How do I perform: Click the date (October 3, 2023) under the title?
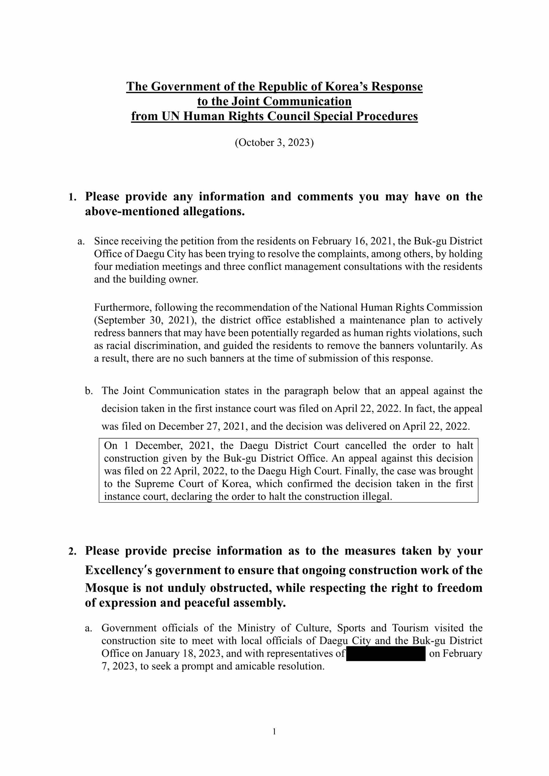coord(274,143)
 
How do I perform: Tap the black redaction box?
coord(386,654)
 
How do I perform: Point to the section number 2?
coord(72,552)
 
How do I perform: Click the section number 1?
coord(72,197)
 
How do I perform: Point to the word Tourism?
coord(410,628)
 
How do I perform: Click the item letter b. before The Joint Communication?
coord(89,391)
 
